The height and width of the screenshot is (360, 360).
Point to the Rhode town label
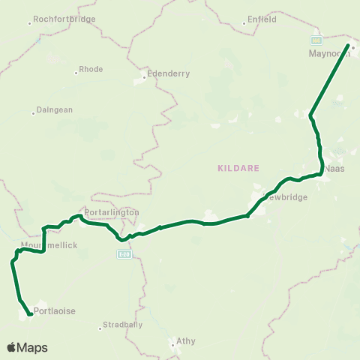92,69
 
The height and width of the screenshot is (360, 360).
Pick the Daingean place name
55,109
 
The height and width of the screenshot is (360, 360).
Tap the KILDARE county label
238,168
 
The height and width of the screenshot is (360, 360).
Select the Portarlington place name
112,212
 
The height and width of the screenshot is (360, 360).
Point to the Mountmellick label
50,245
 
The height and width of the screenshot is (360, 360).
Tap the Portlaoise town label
55,310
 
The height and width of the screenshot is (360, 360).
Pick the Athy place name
185,340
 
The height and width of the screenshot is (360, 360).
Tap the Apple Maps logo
27,348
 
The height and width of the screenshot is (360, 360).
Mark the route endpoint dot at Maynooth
349,46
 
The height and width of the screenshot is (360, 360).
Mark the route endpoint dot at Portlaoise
30,314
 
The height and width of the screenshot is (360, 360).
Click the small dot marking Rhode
77,73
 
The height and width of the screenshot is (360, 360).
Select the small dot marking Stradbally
100,328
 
